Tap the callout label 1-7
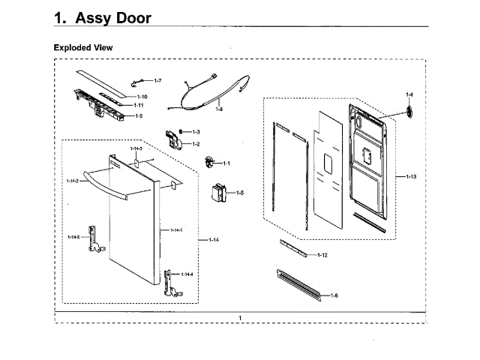(x=157, y=80)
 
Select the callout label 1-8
(x=218, y=109)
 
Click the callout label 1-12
(x=322, y=255)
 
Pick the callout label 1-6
(x=333, y=295)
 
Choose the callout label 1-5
(x=240, y=193)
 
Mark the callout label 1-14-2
(x=72, y=181)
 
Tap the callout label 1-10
(x=141, y=97)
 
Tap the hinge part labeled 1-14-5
(x=94, y=238)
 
